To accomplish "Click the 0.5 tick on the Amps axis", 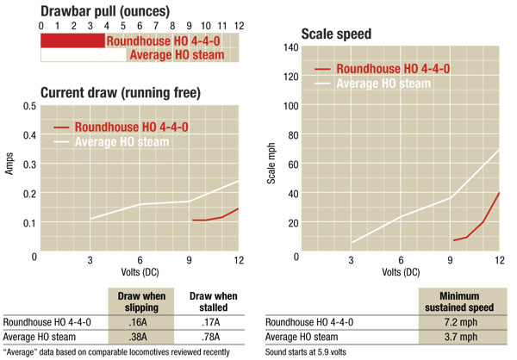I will click(30, 106).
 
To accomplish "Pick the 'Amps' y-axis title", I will click(9, 165).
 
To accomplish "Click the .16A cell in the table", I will click(141, 321).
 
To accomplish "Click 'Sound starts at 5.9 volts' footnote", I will click(313, 351).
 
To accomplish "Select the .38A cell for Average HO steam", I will click(141, 337).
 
